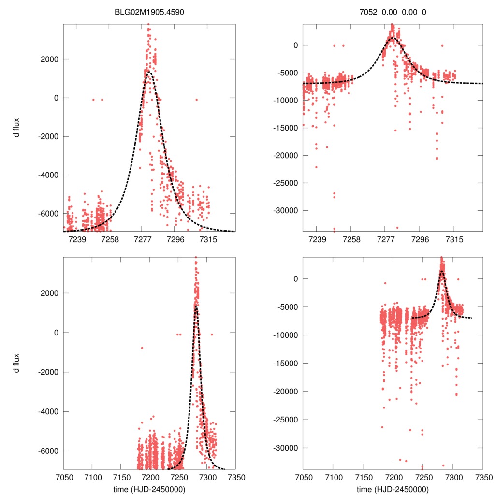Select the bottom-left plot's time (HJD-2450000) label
tap(148, 489)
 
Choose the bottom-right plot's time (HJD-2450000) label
tap(393, 489)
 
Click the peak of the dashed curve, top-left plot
tap(149, 72)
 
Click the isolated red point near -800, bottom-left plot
tap(142, 348)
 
